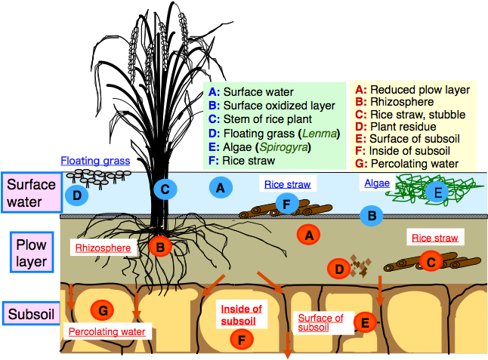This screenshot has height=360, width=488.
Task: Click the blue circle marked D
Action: coord(76,195)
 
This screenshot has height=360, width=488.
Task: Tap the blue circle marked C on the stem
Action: coord(165,189)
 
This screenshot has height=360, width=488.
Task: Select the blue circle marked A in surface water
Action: coord(220,187)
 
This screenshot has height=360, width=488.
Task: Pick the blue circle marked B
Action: coord(372,217)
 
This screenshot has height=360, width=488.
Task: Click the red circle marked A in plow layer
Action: coord(307,235)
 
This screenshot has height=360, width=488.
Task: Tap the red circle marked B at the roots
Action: coord(160,245)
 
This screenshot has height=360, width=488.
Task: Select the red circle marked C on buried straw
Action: coord(431,261)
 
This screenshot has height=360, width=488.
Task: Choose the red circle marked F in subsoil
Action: coord(241,340)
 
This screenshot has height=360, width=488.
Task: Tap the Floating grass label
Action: coord(95,161)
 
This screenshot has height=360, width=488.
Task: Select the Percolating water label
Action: coord(107,331)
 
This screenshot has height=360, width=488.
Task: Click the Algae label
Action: coord(377,183)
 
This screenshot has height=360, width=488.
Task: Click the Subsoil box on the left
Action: coord(30,312)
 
